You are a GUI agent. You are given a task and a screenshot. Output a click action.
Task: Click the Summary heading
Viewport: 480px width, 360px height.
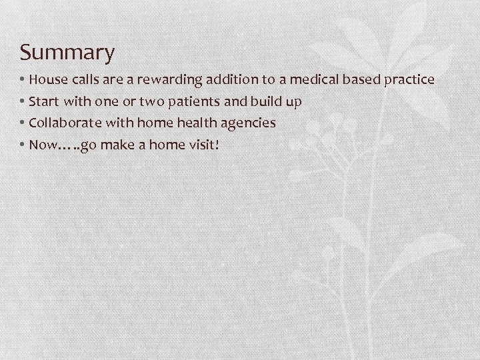coord(67,52)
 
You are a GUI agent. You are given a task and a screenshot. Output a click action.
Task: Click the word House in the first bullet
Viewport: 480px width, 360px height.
coord(47,80)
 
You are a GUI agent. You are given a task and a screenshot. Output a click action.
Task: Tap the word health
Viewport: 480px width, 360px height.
coord(199,123)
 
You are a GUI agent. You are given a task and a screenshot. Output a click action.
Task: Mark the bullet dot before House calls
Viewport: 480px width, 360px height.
coord(23,80)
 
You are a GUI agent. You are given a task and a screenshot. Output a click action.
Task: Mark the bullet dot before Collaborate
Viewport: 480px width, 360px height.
coord(23,123)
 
